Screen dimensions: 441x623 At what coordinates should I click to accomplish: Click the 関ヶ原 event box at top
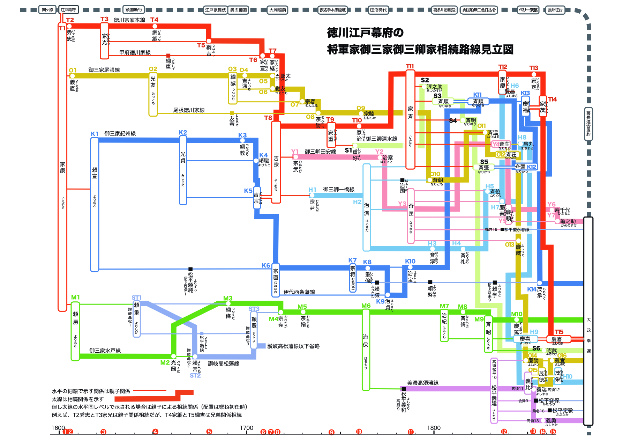47,10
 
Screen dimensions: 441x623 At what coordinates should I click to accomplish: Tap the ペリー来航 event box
528,10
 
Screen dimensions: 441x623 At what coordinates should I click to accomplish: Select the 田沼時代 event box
378,10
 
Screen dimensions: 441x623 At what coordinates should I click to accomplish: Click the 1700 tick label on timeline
246,428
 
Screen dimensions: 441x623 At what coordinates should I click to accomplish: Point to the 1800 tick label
434,428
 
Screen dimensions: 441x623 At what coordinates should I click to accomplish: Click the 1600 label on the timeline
58,428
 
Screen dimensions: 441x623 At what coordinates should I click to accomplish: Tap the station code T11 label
410,66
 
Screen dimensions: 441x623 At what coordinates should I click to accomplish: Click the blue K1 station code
95,134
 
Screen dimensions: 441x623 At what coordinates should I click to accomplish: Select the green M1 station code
75,297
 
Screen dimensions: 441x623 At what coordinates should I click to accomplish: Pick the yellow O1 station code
73,70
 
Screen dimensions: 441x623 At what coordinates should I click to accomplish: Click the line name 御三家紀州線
120,134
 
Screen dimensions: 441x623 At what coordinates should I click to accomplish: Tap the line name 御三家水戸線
105,351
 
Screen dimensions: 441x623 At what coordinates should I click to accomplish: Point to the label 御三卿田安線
320,152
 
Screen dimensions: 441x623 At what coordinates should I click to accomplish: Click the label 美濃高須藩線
423,383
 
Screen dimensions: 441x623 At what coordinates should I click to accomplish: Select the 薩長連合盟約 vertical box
588,124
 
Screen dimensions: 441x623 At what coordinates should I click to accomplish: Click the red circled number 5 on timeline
209,432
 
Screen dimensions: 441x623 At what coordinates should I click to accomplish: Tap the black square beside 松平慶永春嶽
502,229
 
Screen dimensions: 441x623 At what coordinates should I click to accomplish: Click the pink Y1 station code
295,151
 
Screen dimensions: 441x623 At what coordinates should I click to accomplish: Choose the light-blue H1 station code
312,190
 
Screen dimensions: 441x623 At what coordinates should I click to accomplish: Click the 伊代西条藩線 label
299,292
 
